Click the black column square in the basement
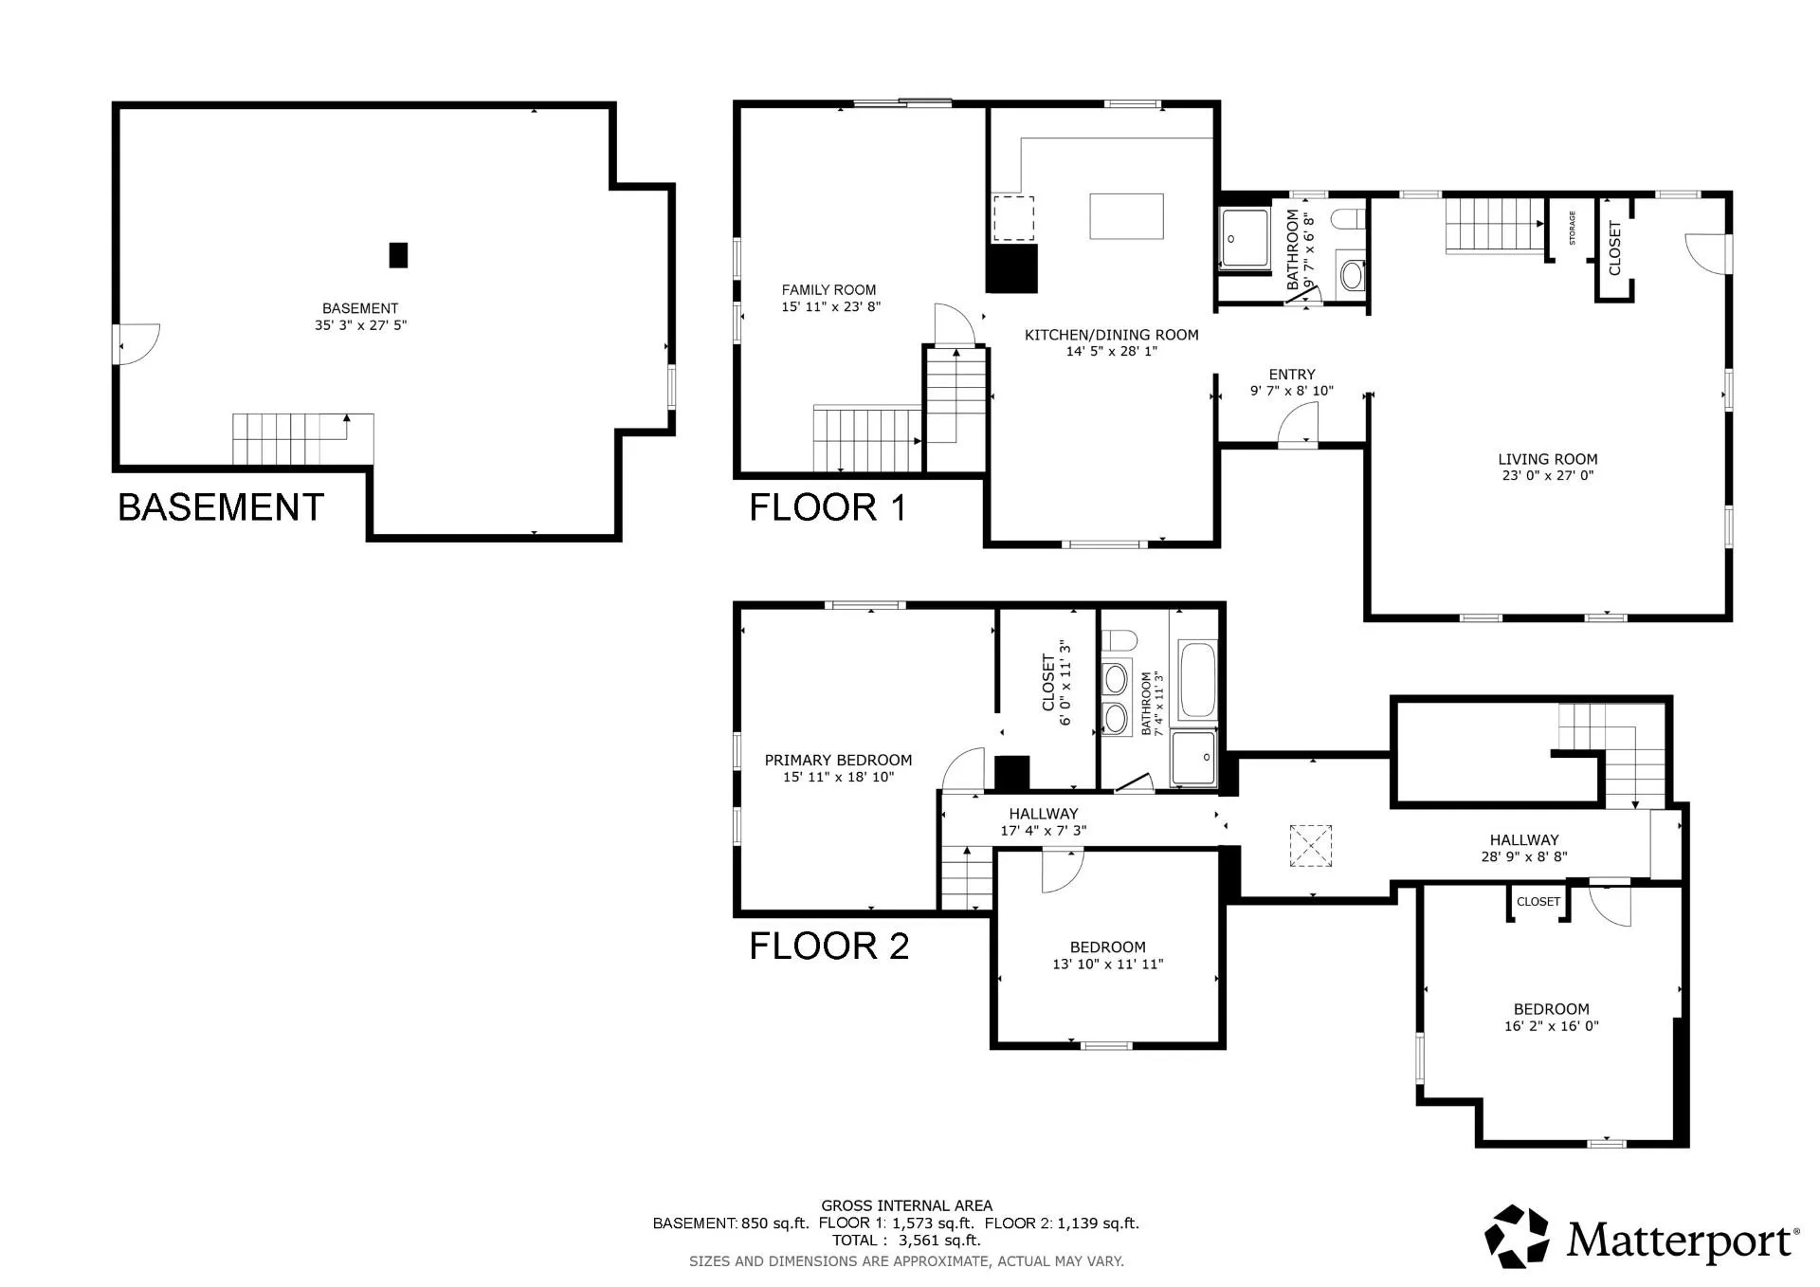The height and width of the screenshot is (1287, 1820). click(x=398, y=255)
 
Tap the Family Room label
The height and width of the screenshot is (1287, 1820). click(x=828, y=290)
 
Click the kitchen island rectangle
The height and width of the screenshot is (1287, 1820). click(x=1126, y=216)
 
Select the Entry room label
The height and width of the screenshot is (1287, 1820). click(x=1291, y=375)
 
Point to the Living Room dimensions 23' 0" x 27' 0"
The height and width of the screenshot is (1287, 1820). click(x=1547, y=476)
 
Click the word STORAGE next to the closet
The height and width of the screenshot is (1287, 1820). click(x=1572, y=229)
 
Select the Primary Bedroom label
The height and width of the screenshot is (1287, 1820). click(x=838, y=760)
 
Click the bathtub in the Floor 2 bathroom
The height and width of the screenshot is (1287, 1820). click(x=1195, y=680)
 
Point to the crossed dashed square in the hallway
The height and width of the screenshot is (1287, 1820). click(x=1310, y=846)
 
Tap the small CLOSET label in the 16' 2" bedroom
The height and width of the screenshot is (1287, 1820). click(x=1538, y=902)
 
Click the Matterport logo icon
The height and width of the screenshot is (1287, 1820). click(x=1517, y=1236)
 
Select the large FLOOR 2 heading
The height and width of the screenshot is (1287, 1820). click(x=828, y=947)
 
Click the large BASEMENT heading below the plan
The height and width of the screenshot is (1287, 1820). click(x=221, y=507)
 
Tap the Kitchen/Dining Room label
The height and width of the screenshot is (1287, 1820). click(x=1111, y=335)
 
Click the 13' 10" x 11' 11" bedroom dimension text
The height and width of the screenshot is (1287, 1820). click(x=1107, y=965)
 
